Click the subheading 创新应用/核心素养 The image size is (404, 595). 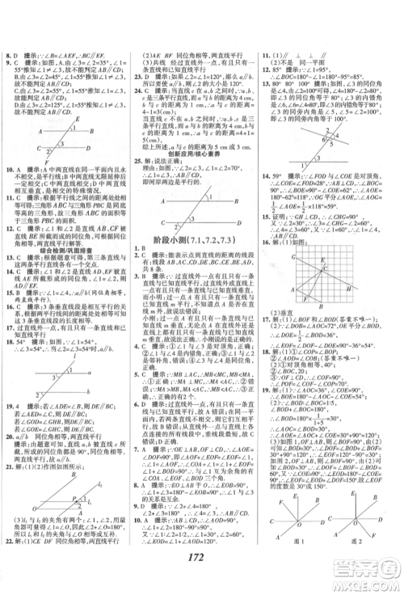[200, 157]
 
